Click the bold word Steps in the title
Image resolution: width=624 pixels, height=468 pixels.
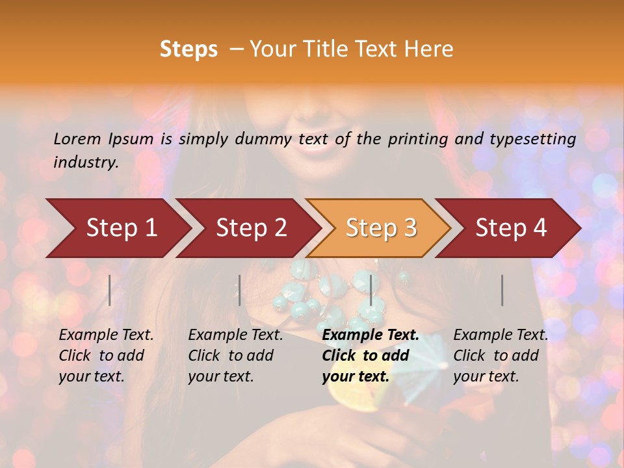click(x=188, y=49)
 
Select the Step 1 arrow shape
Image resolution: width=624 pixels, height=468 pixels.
click(x=117, y=228)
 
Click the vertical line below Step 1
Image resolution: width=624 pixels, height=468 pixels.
click(x=110, y=290)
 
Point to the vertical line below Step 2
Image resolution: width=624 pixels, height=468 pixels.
click(x=240, y=290)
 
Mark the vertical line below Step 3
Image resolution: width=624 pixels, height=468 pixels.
click(x=370, y=290)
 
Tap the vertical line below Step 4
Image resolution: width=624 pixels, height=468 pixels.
click(x=502, y=290)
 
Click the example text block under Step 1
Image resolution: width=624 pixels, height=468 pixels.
click(x=106, y=356)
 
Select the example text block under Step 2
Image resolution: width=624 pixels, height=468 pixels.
click(x=235, y=356)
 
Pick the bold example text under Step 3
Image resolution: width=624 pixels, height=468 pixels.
click(x=370, y=356)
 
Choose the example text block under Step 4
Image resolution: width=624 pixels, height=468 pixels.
click(x=500, y=356)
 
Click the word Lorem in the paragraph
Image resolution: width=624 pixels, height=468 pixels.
click(x=77, y=138)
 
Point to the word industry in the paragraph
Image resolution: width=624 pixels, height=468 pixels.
click(x=85, y=162)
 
